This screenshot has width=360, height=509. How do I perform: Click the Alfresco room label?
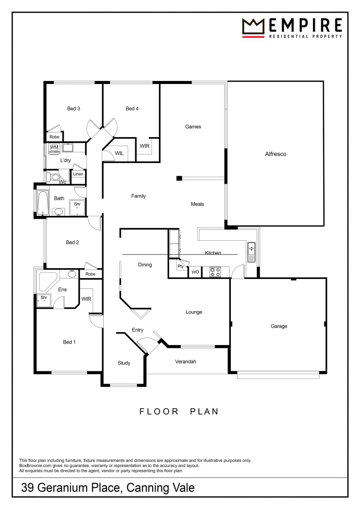pyautogui.click(x=276, y=154)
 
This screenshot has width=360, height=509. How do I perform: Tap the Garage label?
pyautogui.click(x=278, y=326)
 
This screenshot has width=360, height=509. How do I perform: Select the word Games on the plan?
pyautogui.click(x=193, y=127)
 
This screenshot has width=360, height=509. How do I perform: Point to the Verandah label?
pyautogui.click(x=185, y=362)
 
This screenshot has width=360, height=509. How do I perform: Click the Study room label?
pyautogui.click(x=124, y=363)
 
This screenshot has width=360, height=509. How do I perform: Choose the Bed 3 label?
pyautogui.click(x=74, y=109)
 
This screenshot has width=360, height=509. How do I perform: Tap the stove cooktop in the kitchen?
pyautogui.click(x=215, y=272)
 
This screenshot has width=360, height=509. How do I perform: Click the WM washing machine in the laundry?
pyautogui.click(x=54, y=148)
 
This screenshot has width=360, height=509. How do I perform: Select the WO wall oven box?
pyautogui.click(x=195, y=272)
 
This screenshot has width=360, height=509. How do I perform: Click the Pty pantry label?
pyautogui.click(x=180, y=267)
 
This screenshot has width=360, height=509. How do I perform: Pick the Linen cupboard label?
pyautogui.click(x=78, y=174)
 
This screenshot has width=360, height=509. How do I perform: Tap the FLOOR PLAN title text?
pyautogui.click(x=179, y=411)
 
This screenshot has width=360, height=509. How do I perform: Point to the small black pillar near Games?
pyautogui.click(x=179, y=178)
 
